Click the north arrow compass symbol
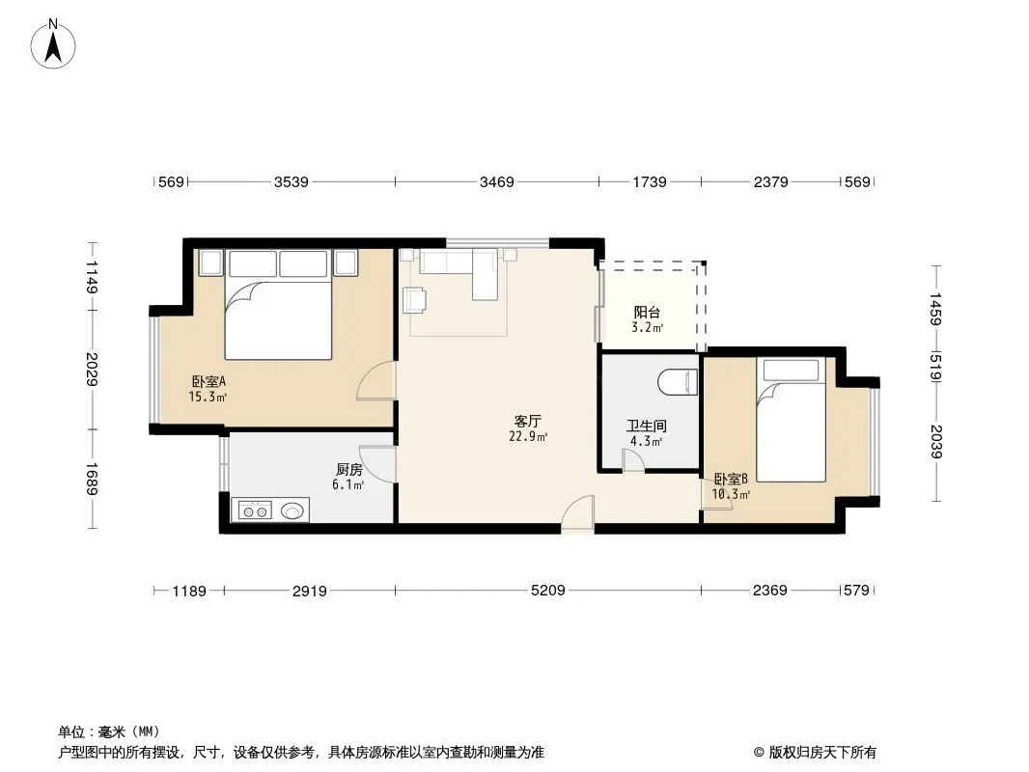pos(53,44)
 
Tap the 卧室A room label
pos(209,381)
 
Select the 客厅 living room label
pos(528,421)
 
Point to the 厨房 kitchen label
pos(349,470)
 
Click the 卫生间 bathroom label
pos(647,426)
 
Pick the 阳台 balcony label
pos(647,313)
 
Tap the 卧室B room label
pos(731,479)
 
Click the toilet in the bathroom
pos(678,382)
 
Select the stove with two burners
pos(255,510)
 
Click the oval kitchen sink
pos(293,510)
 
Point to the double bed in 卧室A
pos(278,304)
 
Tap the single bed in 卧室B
pos(791,420)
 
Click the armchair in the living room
pos(415,300)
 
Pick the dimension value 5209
pos(548,591)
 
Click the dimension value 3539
pos(292,181)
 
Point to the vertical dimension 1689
pos(92,479)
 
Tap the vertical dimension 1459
pos(935,308)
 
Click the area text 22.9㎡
pos(528,436)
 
